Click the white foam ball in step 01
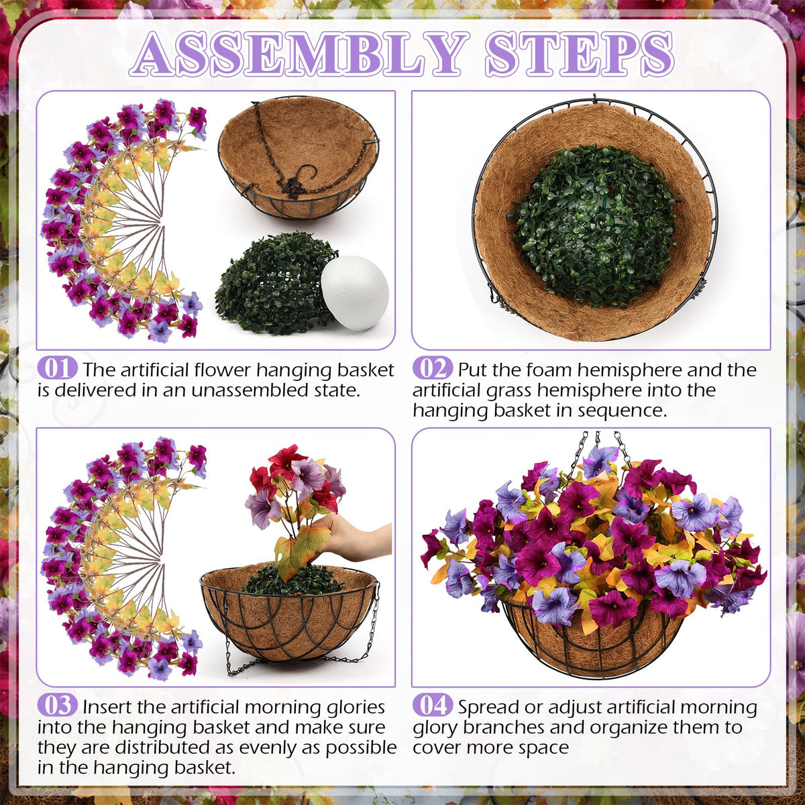[355, 293]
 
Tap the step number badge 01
[57, 368]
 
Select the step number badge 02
[433, 368]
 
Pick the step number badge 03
[57, 706]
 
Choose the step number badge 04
[433, 706]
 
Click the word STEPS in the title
[579, 56]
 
